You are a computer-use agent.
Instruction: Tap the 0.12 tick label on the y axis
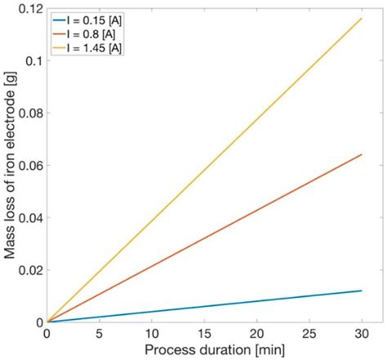pyautogui.click(x=27, y=8)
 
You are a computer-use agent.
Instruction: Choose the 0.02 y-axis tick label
pyautogui.click(x=27, y=269)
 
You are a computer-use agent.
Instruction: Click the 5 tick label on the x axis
pyautogui.click(x=100, y=334)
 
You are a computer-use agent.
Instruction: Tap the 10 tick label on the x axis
pyautogui.click(x=152, y=334)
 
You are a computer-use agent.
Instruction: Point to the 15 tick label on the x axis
pyautogui.click(x=204, y=334)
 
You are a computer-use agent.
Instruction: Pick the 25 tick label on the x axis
pyautogui.click(x=309, y=334)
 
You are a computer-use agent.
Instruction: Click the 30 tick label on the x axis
pyautogui.click(x=361, y=334)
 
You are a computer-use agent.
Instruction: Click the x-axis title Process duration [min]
pyautogui.click(x=204, y=350)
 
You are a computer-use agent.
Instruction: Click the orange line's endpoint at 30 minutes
pyautogui.click(x=361, y=154)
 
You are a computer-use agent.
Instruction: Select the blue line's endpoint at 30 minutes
pyautogui.click(x=361, y=291)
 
